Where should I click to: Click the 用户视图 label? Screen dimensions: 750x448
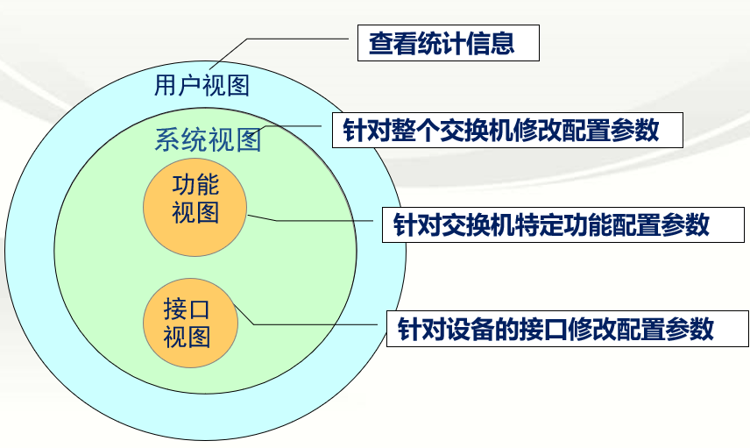pyautogui.click(x=202, y=86)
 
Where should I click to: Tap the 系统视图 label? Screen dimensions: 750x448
pyautogui.click(x=208, y=139)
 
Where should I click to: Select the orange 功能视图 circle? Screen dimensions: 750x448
pyautogui.click(x=195, y=206)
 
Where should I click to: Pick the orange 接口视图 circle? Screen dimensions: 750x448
pyautogui.click(x=190, y=324)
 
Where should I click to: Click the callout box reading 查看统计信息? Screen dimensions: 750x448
pyautogui.click(x=449, y=43)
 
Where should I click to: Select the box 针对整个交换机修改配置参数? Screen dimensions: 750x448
pyautogui.click(x=507, y=130)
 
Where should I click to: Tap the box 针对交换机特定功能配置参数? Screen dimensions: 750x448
pyautogui.click(x=563, y=224)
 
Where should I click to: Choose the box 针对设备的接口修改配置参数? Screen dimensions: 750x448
pyautogui.click(x=567, y=329)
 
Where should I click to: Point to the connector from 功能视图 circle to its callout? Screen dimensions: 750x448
pyautogui.click(x=306, y=221)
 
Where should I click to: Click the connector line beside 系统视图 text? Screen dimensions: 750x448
pyautogui.click(x=287, y=126)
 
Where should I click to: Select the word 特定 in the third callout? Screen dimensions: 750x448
pyautogui.click(x=540, y=224)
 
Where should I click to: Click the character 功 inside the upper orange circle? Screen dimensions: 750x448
pyautogui.click(x=184, y=185)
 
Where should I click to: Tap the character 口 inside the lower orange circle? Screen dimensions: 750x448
pyautogui.click(x=199, y=309)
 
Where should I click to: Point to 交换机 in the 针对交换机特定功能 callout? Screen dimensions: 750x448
pyautogui.click(x=478, y=224)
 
